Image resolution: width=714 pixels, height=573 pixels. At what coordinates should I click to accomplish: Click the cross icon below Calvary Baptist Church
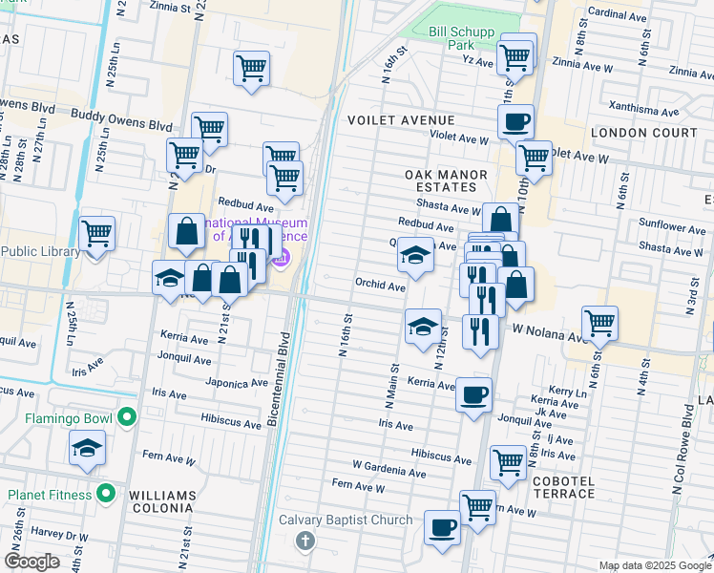pyautogui.click(x=304, y=541)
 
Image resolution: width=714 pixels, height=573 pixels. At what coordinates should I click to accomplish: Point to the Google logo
pyautogui.click(x=31, y=562)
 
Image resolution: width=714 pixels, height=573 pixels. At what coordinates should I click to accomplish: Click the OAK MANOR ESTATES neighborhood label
pyautogui.click(x=446, y=181)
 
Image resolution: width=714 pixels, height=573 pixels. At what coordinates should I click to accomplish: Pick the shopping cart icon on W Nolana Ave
pyautogui.click(x=599, y=324)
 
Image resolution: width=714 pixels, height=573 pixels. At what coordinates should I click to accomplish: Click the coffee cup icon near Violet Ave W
pyautogui.click(x=515, y=121)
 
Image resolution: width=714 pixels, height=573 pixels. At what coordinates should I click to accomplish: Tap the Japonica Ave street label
pyautogui.click(x=237, y=384)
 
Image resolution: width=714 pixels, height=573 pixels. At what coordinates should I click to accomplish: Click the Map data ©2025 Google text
pyautogui.click(x=654, y=565)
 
